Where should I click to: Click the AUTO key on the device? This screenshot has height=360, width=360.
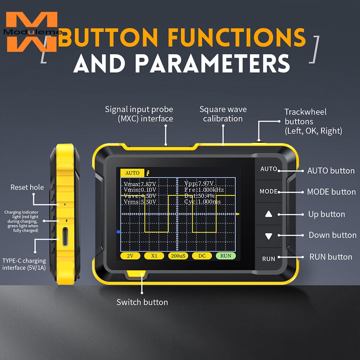coord(269,169)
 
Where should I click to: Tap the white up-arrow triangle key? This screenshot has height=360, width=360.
coord(269,214)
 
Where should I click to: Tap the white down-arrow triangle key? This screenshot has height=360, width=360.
coord(269,237)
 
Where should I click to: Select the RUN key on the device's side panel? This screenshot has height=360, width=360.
coord(269,259)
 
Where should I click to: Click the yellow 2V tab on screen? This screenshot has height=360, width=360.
coord(130,256)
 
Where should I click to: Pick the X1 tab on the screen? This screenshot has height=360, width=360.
coord(154,256)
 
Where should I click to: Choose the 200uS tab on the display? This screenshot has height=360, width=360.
coord(178,256)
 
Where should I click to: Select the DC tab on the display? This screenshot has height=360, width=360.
coord(202,256)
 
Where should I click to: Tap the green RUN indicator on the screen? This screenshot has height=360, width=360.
coord(226,256)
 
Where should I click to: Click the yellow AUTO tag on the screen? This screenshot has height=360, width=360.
coord(132,173)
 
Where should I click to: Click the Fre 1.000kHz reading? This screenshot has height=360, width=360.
coord(204,190)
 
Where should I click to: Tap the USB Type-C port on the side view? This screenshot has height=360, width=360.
coord(65,237)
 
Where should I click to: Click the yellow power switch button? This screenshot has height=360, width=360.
coord(136,274)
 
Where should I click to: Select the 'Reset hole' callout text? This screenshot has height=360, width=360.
coord(27,187)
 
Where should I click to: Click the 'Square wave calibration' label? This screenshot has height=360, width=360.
coord(223,114)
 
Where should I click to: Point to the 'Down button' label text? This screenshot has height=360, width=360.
coord(332,235)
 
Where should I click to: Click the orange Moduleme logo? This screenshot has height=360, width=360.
coord(32,32)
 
